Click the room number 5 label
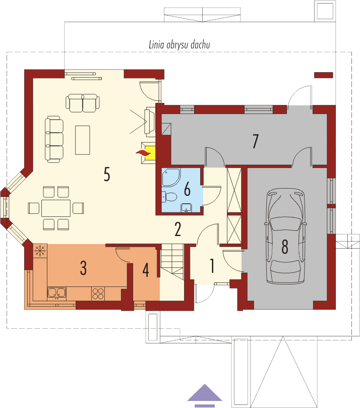(x=107, y=174)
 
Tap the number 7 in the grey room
(x=256, y=141)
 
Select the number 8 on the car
(x=285, y=247)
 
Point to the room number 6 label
(x=187, y=189)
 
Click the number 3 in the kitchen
(x=83, y=268)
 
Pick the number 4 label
(x=146, y=270)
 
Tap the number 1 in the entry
(x=212, y=266)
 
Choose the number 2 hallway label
(x=178, y=229)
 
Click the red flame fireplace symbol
(x=142, y=153)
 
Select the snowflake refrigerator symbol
(x=40, y=251)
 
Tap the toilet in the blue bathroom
(x=169, y=197)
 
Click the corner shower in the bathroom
(x=170, y=178)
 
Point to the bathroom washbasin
(x=186, y=208)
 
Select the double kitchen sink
(x=56, y=293)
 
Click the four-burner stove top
(x=98, y=294)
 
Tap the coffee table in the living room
(x=83, y=140)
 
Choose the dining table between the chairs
(x=56, y=208)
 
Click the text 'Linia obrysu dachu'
(x=179, y=45)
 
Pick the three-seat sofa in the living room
(x=54, y=139)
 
